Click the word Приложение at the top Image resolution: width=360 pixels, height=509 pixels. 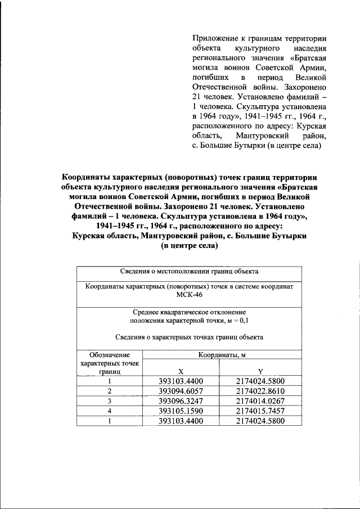212,38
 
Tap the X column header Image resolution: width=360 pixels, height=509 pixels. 181,371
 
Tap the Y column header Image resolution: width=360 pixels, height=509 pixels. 260,371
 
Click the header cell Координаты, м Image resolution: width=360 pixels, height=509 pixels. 220,355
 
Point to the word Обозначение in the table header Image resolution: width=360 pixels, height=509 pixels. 110,355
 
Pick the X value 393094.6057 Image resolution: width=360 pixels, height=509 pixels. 181,391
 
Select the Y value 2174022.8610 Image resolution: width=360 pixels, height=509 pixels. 260,391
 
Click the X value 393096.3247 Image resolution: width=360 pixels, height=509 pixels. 181,400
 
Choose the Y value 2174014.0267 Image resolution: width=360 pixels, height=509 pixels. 260,400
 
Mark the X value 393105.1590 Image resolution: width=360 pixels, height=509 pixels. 181,411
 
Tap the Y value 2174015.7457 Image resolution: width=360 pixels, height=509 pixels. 260,411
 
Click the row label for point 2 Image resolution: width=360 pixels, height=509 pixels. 110,391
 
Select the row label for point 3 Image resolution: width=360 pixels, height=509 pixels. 110,400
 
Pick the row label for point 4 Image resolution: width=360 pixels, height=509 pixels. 110,411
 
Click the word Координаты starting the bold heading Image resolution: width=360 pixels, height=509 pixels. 88,177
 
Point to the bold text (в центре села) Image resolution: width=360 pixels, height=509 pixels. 189,246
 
